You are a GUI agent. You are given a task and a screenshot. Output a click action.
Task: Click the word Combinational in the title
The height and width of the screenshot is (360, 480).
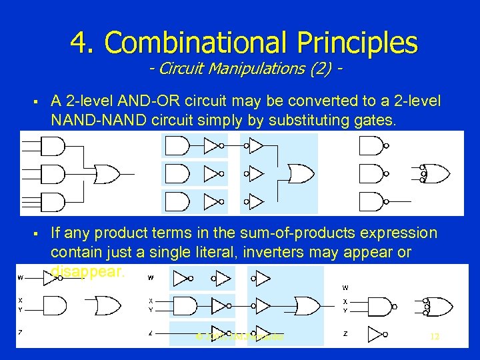(x=186, y=43)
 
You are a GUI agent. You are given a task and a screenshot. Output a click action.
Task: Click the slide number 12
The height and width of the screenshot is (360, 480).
(x=435, y=337)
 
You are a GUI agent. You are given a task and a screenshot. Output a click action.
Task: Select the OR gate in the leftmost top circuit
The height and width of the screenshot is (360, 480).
(x=106, y=174)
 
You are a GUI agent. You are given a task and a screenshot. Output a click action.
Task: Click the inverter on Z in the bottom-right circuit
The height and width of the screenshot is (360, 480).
(x=377, y=334)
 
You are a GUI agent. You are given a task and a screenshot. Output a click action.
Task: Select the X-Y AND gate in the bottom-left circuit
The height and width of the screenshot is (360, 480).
(x=56, y=305)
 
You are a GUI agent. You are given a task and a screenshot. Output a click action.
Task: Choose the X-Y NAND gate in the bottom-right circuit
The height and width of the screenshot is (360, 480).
(x=379, y=306)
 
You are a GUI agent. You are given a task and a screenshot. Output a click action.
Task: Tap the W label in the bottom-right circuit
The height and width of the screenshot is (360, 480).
(x=345, y=288)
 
